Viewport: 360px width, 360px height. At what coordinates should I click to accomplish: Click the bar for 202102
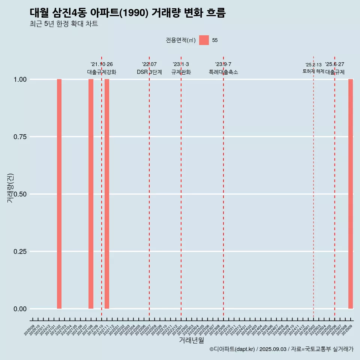59,194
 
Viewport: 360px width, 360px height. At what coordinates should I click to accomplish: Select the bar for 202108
91,194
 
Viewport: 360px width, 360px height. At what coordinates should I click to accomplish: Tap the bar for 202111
107,194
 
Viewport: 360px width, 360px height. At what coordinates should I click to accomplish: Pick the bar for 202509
351,194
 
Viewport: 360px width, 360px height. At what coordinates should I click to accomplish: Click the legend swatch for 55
204,40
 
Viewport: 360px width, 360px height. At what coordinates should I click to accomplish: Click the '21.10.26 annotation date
102,64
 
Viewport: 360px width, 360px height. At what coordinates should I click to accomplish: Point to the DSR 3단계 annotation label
149,72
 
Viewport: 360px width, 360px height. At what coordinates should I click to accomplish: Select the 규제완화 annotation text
181,72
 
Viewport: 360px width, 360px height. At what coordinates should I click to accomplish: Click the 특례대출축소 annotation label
223,72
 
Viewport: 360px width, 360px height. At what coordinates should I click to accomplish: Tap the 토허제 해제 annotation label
313,71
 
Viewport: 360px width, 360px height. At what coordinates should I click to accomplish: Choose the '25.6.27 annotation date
334,64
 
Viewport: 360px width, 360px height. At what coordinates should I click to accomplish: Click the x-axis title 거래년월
192,340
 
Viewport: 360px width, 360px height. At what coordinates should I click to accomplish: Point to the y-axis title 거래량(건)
10,188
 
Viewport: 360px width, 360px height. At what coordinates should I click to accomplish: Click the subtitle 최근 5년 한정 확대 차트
64,24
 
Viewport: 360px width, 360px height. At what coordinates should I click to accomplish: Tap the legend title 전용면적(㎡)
181,40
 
